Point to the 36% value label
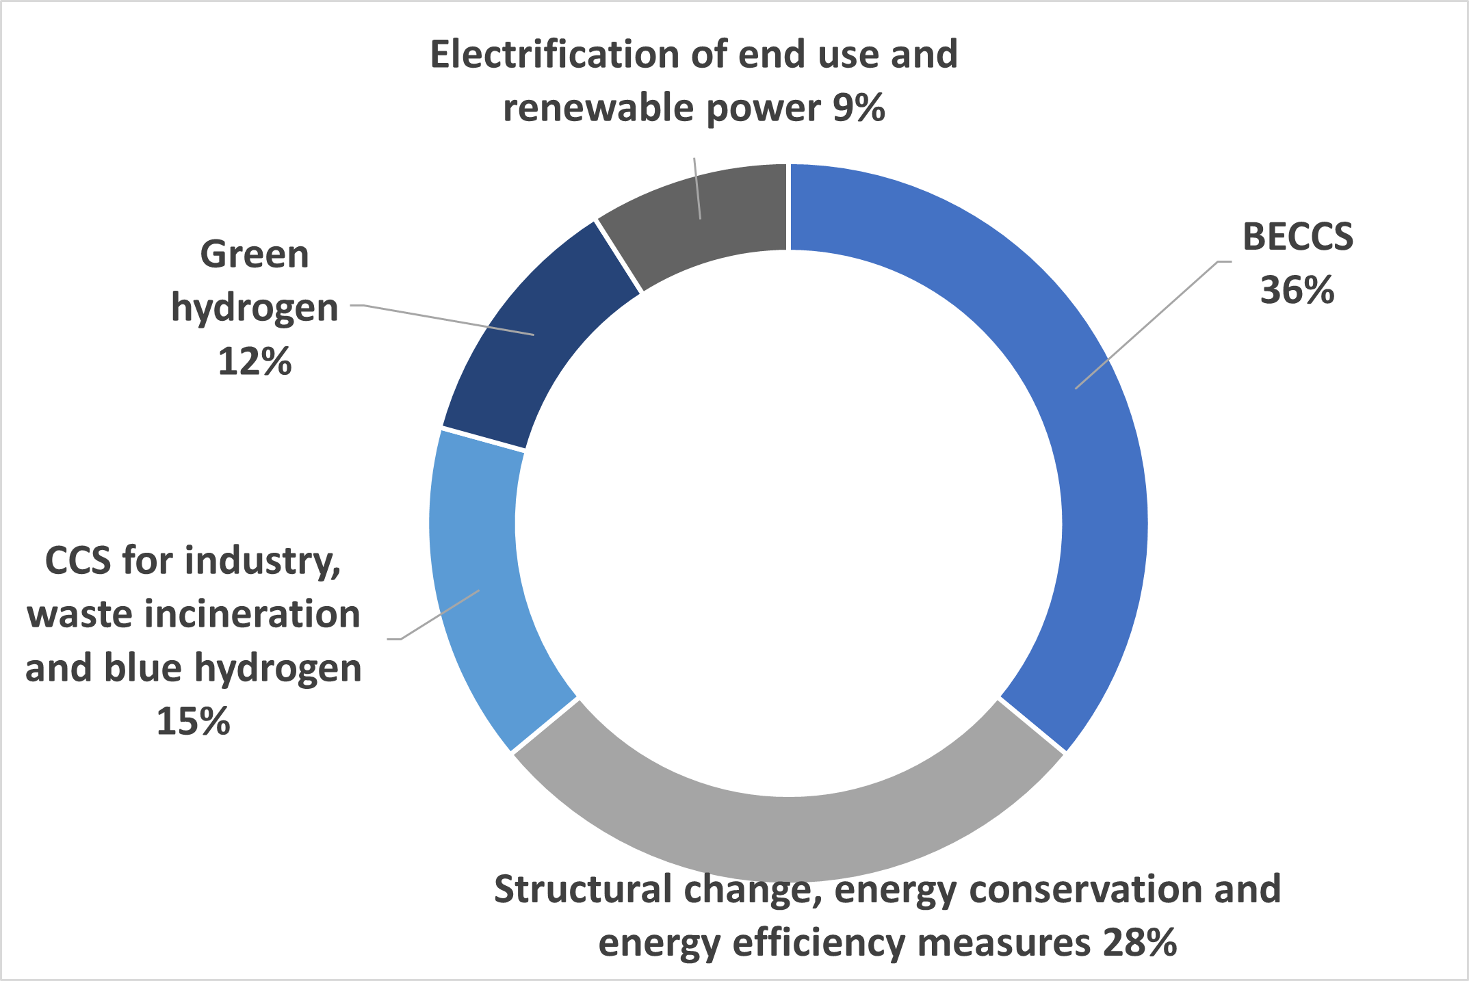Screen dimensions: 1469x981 click(1297, 290)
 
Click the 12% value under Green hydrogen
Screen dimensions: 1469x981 click(255, 361)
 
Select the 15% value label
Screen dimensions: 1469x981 click(194, 721)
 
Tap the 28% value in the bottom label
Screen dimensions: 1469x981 click(1140, 943)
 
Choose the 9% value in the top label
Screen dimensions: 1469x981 click(859, 108)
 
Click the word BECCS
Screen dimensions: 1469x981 click(1298, 237)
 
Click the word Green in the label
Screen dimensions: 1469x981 click(255, 254)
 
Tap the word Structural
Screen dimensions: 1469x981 click(584, 889)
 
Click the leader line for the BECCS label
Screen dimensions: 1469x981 click(1154, 325)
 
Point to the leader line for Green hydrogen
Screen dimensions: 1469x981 click(442, 319)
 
